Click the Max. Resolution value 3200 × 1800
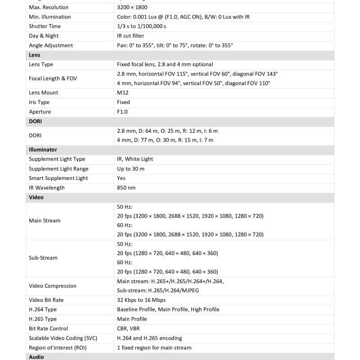[x=132, y=7]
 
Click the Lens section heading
[x=35, y=55]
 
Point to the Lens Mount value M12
[x=122, y=93]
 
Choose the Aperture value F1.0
[x=122, y=112]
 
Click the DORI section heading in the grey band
[x=36, y=121]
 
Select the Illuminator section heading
[x=43, y=149]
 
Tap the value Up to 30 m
[x=130, y=169]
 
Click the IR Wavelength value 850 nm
[x=126, y=188]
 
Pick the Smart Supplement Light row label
[x=58, y=178]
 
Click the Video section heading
[x=36, y=197]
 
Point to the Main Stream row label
[x=45, y=220]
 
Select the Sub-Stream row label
[x=43, y=258]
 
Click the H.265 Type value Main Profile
[x=132, y=319]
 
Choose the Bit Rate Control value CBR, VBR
[x=128, y=328]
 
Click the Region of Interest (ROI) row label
[x=58, y=347]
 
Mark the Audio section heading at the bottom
[x=36, y=357]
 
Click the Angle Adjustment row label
[x=51, y=45]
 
